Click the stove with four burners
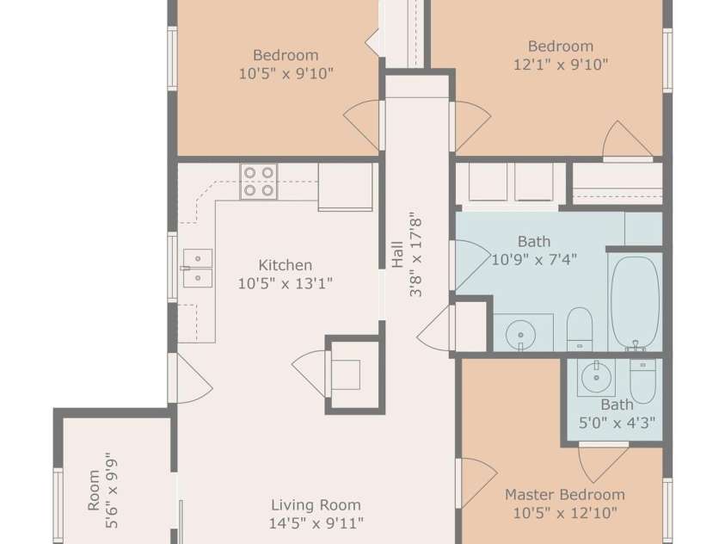(259, 182)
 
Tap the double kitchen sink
(198, 269)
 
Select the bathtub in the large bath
(635, 302)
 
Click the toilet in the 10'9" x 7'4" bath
(580, 330)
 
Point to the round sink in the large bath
(521, 335)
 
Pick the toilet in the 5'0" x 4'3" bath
(642, 380)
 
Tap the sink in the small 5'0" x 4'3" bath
(597, 377)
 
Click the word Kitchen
(286, 265)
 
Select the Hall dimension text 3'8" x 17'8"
(415, 257)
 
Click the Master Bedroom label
(565, 494)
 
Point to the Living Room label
(316, 505)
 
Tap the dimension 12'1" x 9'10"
(561, 65)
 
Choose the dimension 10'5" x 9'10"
(286, 73)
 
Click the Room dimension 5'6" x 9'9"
(112, 493)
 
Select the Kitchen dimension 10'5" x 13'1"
(286, 283)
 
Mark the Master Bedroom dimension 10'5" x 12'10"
(565, 512)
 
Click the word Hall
(397, 255)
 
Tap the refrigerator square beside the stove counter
(346, 188)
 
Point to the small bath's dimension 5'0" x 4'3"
(617, 423)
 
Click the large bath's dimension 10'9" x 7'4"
(534, 259)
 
